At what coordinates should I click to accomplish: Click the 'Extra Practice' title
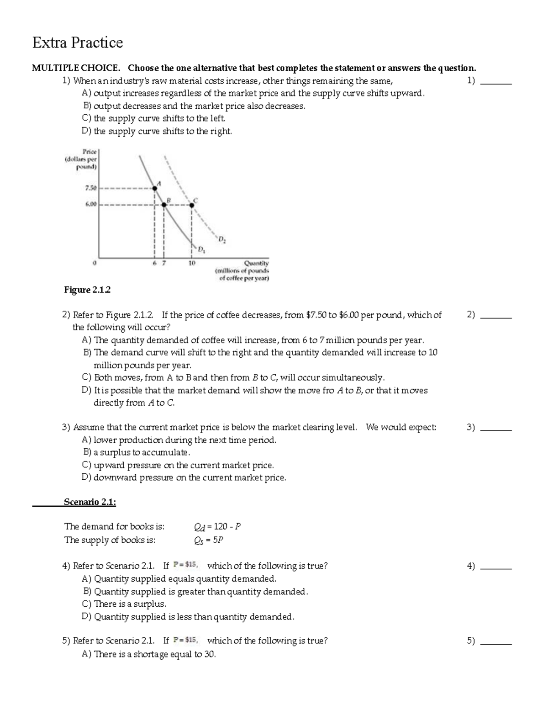click(77, 42)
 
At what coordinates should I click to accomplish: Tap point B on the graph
click(164, 205)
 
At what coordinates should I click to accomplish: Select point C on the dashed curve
click(192, 205)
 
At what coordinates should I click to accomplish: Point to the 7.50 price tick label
click(90, 188)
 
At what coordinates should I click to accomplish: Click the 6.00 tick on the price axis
click(90, 205)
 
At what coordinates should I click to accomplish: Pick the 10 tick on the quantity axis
click(192, 264)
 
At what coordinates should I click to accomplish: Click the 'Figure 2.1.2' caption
click(87, 290)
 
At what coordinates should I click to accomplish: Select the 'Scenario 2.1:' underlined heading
click(90, 502)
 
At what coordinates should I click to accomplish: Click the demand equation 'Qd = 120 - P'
click(217, 527)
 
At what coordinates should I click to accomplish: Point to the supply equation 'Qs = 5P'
click(209, 540)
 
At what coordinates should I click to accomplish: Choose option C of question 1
click(153, 118)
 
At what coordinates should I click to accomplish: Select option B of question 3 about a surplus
click(136, 452)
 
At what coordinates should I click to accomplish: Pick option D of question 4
click(188, 617)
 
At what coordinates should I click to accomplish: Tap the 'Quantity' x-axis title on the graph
click(256, 263)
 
